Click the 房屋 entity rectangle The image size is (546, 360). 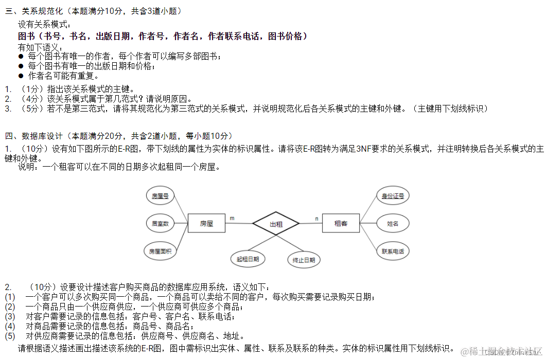206,224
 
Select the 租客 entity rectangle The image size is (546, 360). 341,224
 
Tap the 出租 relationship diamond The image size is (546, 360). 276,224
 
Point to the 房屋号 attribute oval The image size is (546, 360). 160,195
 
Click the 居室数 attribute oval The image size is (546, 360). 160,224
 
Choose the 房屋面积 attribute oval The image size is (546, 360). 160,251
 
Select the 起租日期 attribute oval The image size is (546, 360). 248,259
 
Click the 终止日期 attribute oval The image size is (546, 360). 304,260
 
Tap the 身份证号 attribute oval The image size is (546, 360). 393,195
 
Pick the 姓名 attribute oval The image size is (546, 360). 393,224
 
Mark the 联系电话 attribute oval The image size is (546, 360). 393,251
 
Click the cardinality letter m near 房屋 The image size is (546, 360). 232,219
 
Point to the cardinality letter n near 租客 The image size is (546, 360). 316,219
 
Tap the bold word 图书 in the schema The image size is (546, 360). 26,36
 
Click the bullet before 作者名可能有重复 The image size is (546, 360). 21,76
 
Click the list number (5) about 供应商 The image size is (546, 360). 10,336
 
